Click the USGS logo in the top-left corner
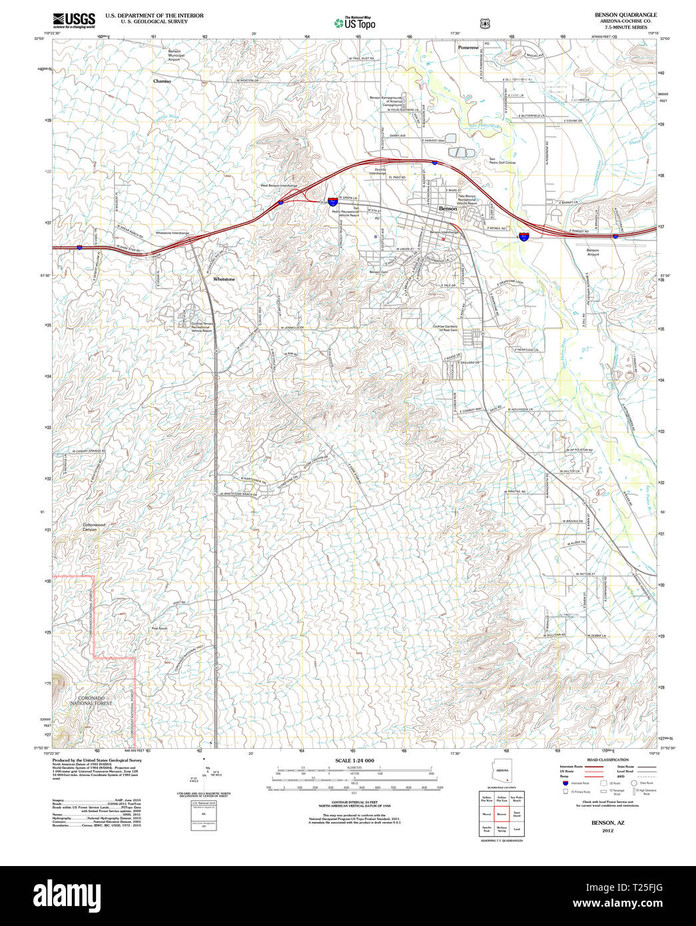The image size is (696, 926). [73, 19]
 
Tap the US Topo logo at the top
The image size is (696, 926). [355, 23]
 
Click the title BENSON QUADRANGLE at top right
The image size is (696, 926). [625, 15]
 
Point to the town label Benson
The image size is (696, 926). [448, 209]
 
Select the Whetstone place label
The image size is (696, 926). [224, 279]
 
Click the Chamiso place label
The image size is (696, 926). [162, 81]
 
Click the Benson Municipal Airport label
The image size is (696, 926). [174, 55]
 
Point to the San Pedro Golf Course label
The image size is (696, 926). [502, 161]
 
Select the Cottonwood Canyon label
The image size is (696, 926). [93, 527]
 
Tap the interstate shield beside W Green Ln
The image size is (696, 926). [331, 200]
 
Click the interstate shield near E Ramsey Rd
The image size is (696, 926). [525, 236]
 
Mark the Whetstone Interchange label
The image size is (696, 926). [172, 233]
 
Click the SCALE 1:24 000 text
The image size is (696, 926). [354, 761]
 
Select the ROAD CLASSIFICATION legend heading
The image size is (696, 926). [607, 760]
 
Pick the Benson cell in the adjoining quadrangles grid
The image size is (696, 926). [502, 814]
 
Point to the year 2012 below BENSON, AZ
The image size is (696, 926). [607, 831]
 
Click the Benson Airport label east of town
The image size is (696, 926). [592, 252]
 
